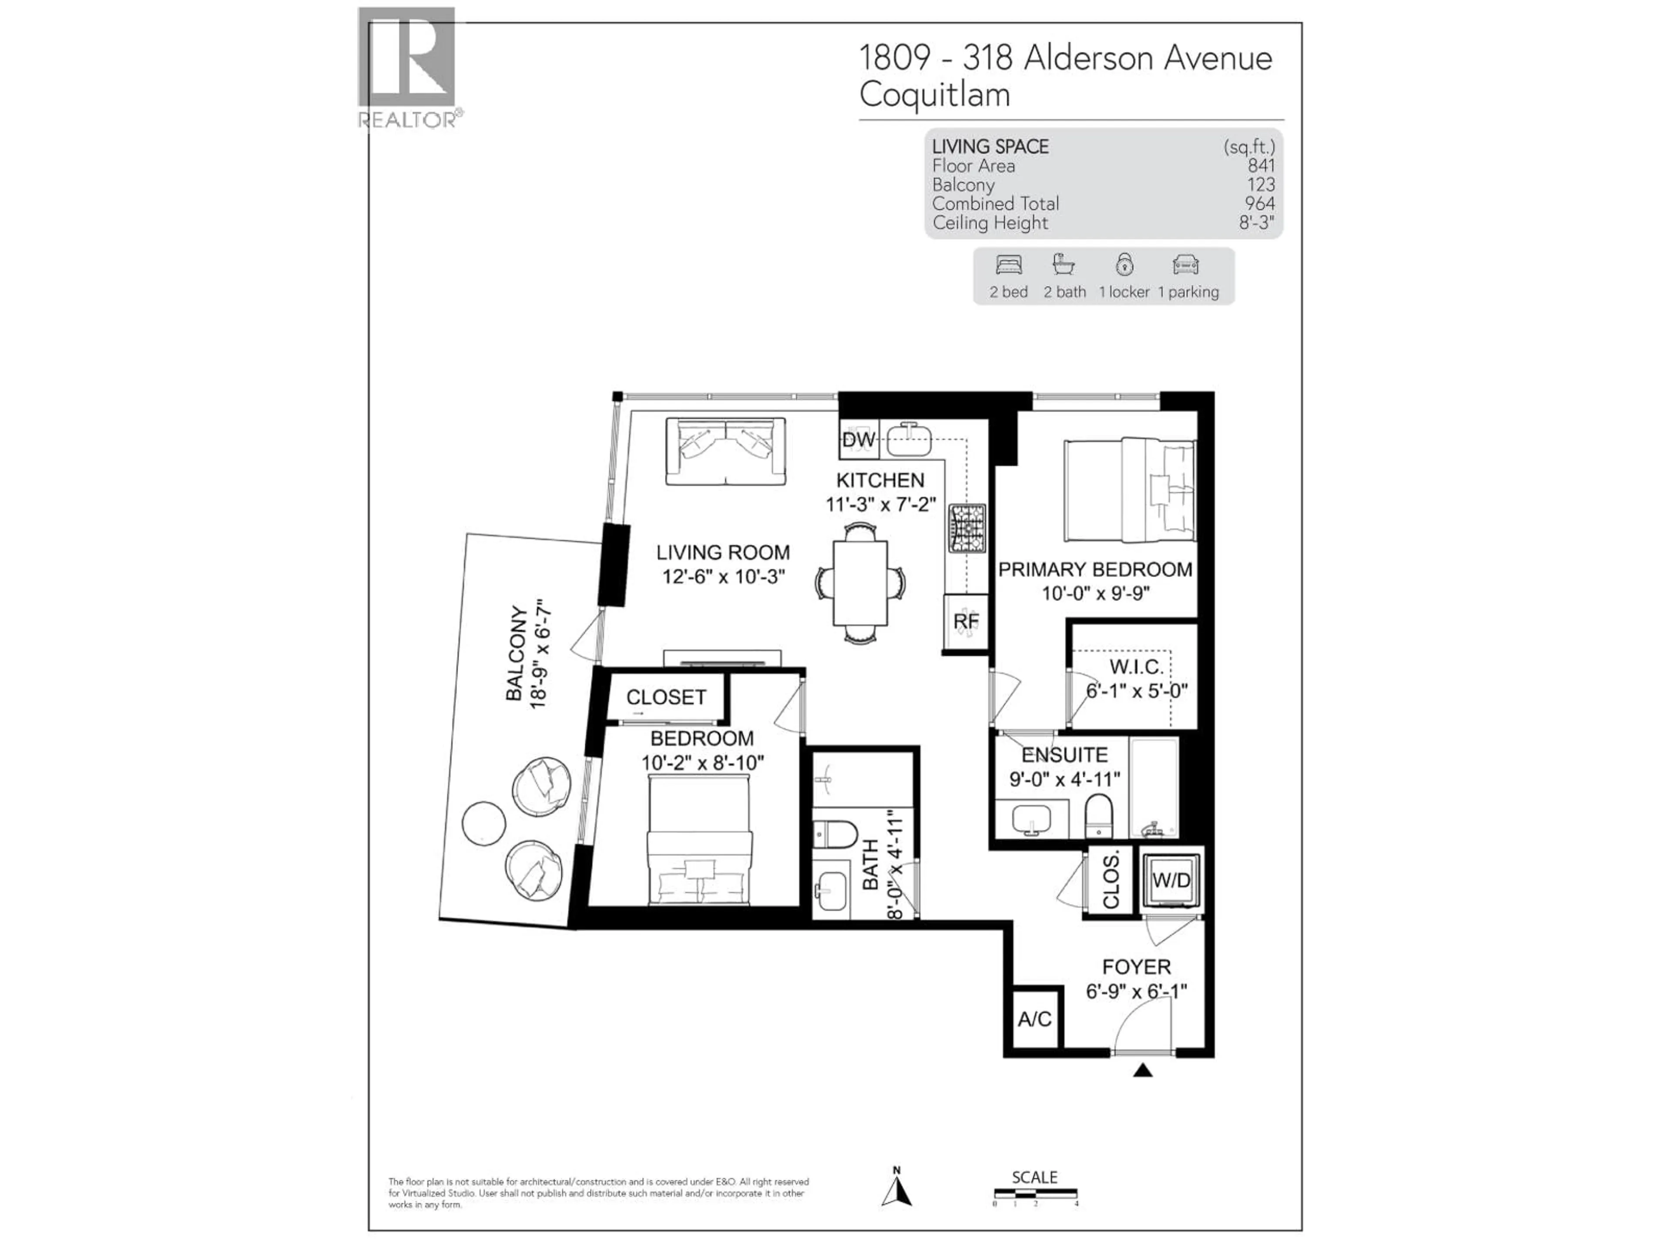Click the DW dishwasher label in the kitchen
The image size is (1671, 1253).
click(858, 439)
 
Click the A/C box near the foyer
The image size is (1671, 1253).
click(1034, 1019)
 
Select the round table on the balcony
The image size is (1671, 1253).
click(483, 822)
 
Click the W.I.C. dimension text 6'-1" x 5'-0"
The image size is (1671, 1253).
click(1136, 690)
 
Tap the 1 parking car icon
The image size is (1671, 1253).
click(1185, 265)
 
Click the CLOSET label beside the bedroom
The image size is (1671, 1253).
click(665, 697)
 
